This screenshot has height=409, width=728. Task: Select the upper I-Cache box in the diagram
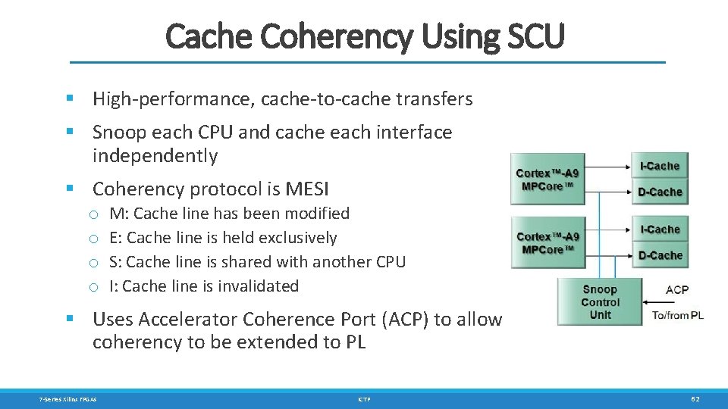tap(659, 166)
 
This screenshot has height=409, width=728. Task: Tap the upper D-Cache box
tap(659, 192)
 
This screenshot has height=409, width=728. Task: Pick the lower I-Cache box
tap(659, 229)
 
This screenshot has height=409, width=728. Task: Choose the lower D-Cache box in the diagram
tap(659, 255)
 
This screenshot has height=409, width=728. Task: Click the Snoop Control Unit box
tap(600, 301)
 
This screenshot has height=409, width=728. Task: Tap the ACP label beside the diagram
tap(677, 289)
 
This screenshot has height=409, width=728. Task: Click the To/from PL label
tap(678, 315)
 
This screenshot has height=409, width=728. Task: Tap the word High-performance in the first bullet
tap(158, 99)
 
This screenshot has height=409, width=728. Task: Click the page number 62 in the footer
tap(695, 399)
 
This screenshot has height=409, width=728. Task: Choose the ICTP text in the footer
tap(364, 399)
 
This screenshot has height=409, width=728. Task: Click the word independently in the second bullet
tap(155, 156)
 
